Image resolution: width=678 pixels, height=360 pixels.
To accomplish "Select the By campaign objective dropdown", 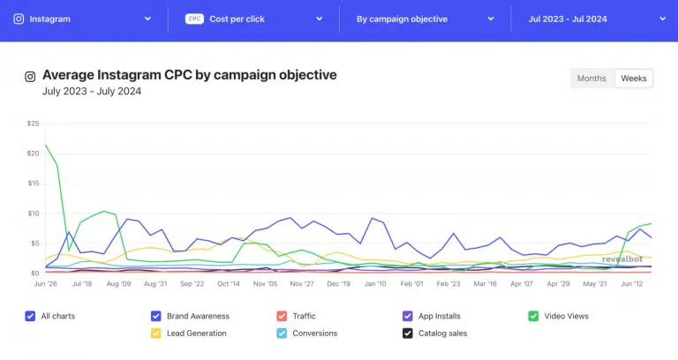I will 425,18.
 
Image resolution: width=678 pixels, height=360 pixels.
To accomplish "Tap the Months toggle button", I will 591,79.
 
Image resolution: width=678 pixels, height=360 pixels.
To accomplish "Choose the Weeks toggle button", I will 634,79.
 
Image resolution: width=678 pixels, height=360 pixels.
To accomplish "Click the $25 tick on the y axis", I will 34,124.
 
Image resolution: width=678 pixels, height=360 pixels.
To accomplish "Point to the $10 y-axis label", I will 34,214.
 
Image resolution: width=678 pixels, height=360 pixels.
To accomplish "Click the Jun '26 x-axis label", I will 45,284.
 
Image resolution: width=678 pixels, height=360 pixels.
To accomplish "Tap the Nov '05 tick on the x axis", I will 266,284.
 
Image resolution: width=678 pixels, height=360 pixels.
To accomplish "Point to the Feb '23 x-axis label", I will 448,284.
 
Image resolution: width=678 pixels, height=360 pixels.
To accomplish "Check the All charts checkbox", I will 32,316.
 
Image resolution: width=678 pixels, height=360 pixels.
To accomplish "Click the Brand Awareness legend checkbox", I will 156,316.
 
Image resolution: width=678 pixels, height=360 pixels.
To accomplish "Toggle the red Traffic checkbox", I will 282,316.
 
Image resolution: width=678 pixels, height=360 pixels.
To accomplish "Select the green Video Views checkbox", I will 532,316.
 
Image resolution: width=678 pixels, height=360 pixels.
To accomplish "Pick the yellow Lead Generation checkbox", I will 156,334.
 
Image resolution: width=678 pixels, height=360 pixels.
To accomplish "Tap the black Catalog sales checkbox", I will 407,334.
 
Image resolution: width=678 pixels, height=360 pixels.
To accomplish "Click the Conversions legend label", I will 314,334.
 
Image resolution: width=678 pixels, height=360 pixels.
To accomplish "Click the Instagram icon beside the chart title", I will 30,77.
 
